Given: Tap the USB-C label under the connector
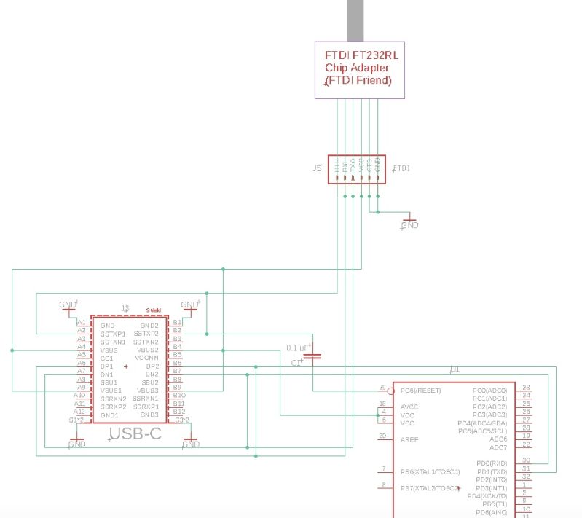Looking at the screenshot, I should [135, 435].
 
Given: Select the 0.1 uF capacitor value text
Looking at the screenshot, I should [298, 348].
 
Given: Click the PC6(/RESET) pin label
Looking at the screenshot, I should [422, 390].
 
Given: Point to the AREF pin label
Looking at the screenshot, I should [409, 439].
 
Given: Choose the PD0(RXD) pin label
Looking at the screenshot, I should [491, 463].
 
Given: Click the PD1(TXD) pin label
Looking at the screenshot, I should [491, 471].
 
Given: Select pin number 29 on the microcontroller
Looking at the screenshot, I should [382, 388].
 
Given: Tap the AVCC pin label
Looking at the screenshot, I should [409, 407].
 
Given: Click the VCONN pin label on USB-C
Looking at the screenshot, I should [146, 358].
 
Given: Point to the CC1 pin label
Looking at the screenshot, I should [107, 358].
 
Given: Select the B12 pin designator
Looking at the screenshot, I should [178, 412].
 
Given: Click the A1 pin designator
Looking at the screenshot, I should [82, 322].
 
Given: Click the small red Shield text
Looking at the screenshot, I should [153, 310].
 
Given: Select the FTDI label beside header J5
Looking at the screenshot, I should [401, 168].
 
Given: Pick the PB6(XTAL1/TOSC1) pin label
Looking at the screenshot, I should [430, 471].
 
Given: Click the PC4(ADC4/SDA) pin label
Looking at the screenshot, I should [482, 423].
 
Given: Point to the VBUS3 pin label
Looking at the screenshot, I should [147, 391].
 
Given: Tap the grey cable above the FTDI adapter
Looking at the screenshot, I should [356, 20].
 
